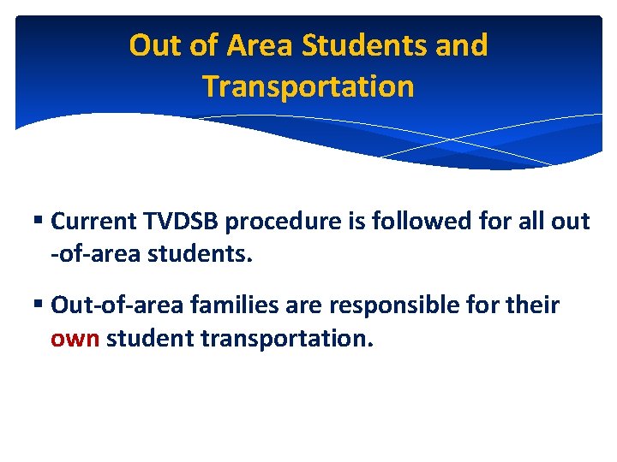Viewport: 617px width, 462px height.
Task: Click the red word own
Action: pos(75,339)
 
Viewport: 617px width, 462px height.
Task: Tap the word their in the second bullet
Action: pos(529,305)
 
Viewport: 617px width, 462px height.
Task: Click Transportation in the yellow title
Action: pos(308,86)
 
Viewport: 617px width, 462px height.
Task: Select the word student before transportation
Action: pos(150,339)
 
